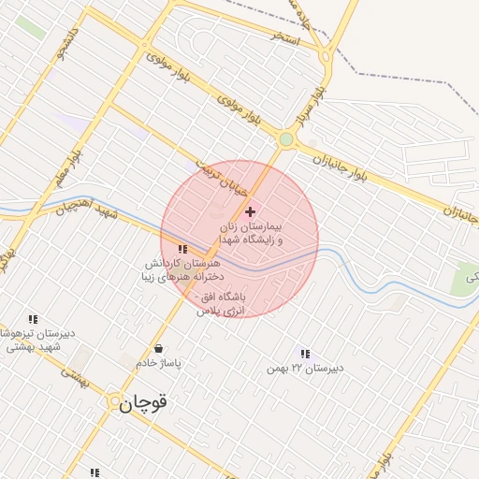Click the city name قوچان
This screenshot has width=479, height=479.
pos(144,403)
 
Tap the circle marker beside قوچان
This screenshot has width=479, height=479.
pos(115,403)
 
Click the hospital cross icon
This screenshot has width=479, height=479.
pos(250,212)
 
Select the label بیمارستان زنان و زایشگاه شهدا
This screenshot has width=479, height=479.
pos(251,234)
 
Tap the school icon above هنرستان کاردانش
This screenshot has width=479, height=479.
pos(182,250)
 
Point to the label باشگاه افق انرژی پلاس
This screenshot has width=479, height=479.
pos(221,302)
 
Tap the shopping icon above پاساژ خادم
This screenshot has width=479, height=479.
pos(158,348)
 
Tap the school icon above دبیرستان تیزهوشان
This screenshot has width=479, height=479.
pos(34,319)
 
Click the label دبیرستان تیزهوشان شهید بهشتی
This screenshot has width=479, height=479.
pos(34,340)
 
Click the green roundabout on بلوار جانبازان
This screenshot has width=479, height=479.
pos(286,139)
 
